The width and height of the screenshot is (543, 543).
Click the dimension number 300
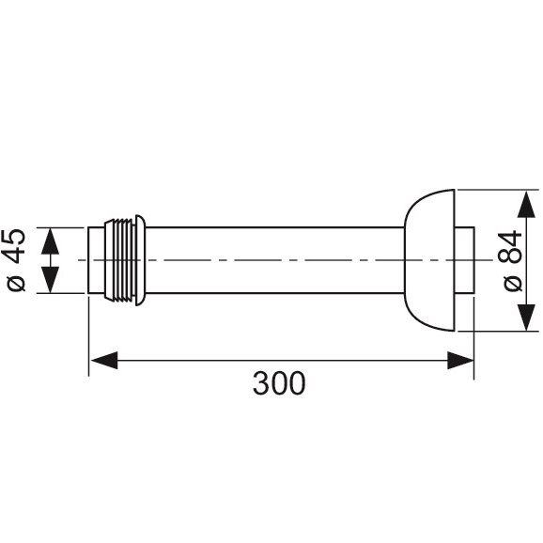(279, 383)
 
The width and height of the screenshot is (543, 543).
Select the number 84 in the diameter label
(510, 247)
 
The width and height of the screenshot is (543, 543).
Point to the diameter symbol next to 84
(513, 284)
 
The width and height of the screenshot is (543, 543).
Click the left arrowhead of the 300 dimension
(104, 361)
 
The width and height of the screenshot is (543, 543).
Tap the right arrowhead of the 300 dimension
(460, 361)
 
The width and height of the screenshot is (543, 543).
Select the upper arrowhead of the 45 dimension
(50, 241)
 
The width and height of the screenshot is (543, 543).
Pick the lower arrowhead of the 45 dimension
(50, 280)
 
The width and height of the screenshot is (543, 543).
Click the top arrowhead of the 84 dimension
(526, 204)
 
